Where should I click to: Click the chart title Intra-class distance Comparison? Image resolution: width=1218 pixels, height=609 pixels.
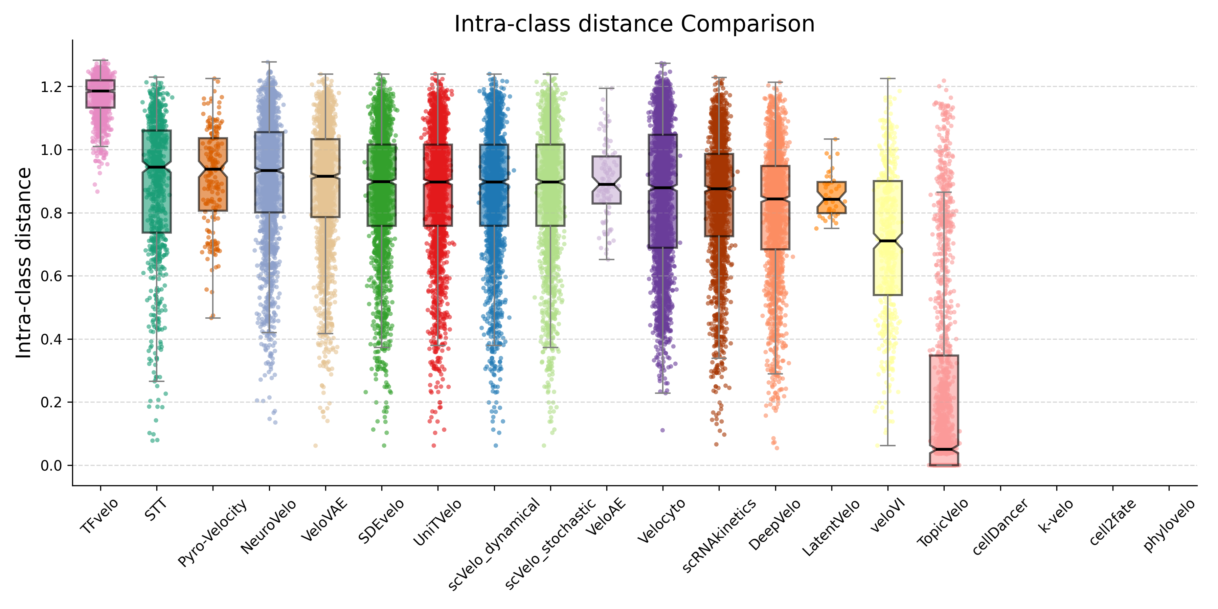[634, 24]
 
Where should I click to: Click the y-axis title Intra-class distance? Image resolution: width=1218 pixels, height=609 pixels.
[24, 263]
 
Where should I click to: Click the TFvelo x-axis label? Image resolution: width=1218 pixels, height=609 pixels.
[99, 516]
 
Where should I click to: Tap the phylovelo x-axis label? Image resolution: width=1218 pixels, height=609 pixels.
[1169, 525]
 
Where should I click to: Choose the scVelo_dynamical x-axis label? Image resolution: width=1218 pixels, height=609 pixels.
[494, 544]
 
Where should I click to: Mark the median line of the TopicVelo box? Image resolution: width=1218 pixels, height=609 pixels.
[944, 449]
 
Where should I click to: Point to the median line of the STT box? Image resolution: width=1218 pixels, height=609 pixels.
[157, 167]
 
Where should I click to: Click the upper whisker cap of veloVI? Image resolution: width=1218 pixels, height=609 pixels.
[887, 78]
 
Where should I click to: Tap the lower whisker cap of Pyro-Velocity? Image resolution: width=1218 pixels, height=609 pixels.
[213, 318]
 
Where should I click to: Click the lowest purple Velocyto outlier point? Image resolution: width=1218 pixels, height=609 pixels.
[662, 430]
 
